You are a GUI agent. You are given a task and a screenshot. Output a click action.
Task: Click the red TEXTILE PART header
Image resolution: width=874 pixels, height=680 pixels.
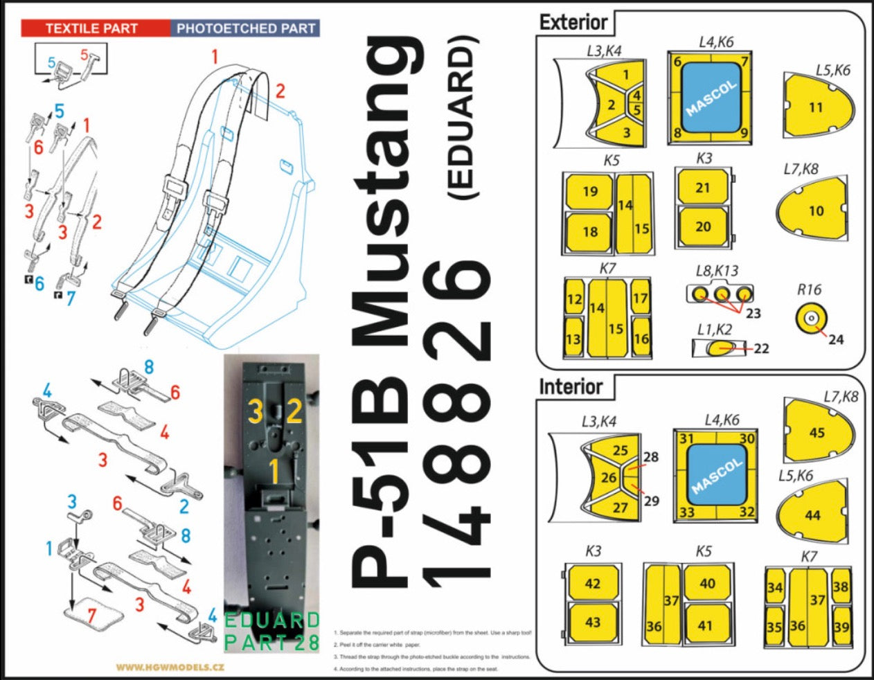pos(91,28)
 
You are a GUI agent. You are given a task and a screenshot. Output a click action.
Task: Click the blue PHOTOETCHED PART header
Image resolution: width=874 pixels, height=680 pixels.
pos(246,28)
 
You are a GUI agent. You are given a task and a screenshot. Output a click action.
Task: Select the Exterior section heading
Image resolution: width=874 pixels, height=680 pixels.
pos(573,22)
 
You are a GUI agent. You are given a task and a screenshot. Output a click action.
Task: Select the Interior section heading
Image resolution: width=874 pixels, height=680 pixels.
pos(571,386)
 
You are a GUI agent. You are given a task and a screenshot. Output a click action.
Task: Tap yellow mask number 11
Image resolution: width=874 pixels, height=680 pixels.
pos(816,107)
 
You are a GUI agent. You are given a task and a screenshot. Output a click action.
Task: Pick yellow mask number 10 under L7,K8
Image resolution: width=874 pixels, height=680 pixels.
pos(816,211)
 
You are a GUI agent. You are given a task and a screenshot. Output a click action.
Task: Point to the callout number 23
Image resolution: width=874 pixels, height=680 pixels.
pos(753,314)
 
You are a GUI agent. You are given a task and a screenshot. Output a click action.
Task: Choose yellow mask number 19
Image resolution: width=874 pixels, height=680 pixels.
pos(589,191)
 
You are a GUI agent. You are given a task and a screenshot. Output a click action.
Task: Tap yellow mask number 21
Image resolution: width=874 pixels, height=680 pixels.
pos(703,188)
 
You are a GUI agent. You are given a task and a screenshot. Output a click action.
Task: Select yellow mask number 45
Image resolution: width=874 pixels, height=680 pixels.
pos(817,432)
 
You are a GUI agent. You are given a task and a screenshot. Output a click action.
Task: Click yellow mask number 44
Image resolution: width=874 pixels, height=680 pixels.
pos(812,515)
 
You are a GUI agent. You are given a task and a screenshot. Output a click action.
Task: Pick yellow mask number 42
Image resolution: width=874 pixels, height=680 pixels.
pos(592,584)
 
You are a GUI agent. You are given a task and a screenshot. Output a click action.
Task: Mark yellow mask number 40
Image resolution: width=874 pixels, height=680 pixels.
pos(707,584)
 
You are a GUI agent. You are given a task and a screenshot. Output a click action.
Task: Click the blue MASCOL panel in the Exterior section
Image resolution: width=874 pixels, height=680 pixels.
pos(712,99)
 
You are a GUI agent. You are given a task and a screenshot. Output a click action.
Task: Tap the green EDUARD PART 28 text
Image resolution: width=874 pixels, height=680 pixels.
pos(272,631)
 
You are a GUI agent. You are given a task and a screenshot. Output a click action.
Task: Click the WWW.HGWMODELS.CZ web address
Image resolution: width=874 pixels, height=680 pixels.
pos(170,668)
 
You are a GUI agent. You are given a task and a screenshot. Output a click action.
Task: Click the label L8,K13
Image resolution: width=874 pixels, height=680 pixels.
pos(717,271)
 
